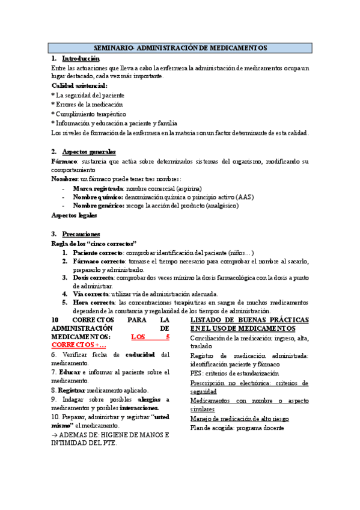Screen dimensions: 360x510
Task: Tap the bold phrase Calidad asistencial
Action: coord(79,86)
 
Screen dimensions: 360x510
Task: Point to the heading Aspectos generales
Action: coord(89,151)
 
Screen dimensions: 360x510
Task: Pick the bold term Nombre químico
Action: coord(98,197)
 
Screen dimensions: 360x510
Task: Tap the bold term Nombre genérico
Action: coord(99,206)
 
